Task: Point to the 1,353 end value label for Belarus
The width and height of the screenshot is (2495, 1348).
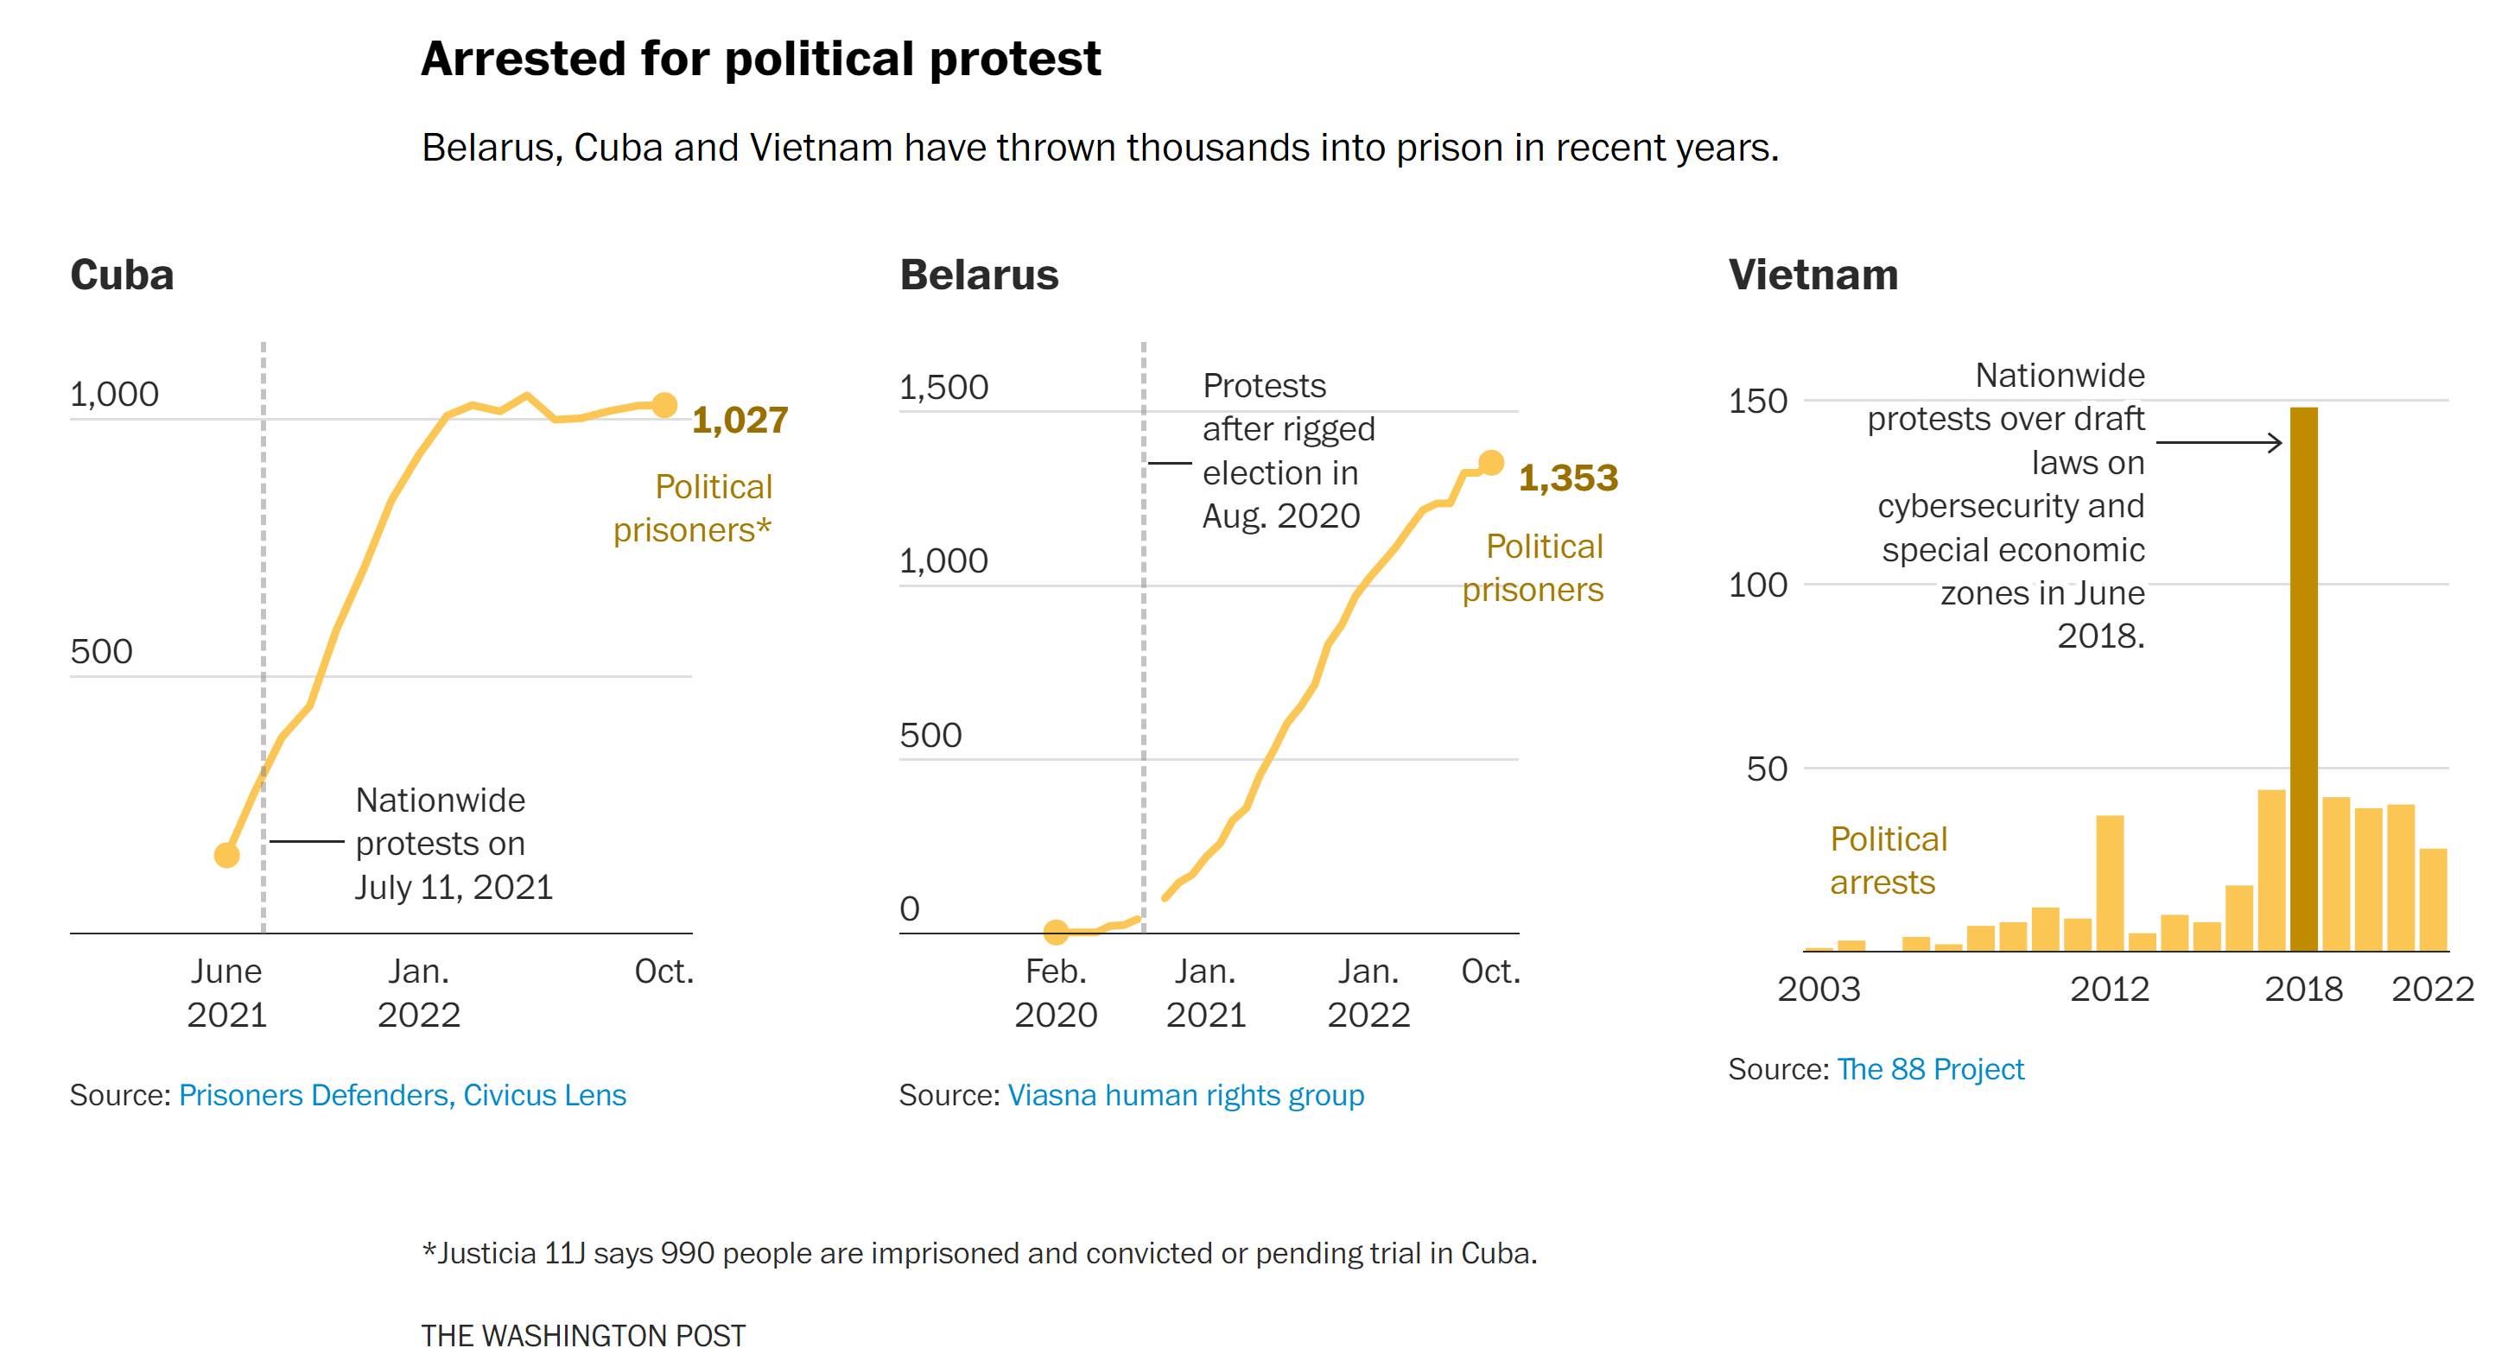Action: tap(1568, 478)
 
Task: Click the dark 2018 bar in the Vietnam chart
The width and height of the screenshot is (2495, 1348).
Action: tap(2303, 678)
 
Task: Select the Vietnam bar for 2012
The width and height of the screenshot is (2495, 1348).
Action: tap(2110, 883)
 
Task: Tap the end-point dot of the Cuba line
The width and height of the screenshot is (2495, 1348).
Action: tap(664, 405)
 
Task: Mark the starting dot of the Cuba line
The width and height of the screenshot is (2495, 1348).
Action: tap(226, 855)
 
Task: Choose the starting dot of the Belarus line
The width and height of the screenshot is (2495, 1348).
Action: tap(1056, 932)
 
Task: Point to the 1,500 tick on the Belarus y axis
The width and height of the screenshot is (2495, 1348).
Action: tap(943, 388)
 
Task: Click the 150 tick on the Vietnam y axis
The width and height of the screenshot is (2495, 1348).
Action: tap(1757, 401)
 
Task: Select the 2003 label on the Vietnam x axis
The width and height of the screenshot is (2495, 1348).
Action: tap(1818, 989)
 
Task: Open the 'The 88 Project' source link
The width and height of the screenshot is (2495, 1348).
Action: tap(1929, 1069)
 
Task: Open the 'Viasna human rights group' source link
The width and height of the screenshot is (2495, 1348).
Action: tap(1185, 1095)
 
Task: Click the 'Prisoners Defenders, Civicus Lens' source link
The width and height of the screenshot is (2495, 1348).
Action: tap(402, 1095)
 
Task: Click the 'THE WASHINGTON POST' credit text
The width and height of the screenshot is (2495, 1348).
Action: tap(583, 1334)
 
